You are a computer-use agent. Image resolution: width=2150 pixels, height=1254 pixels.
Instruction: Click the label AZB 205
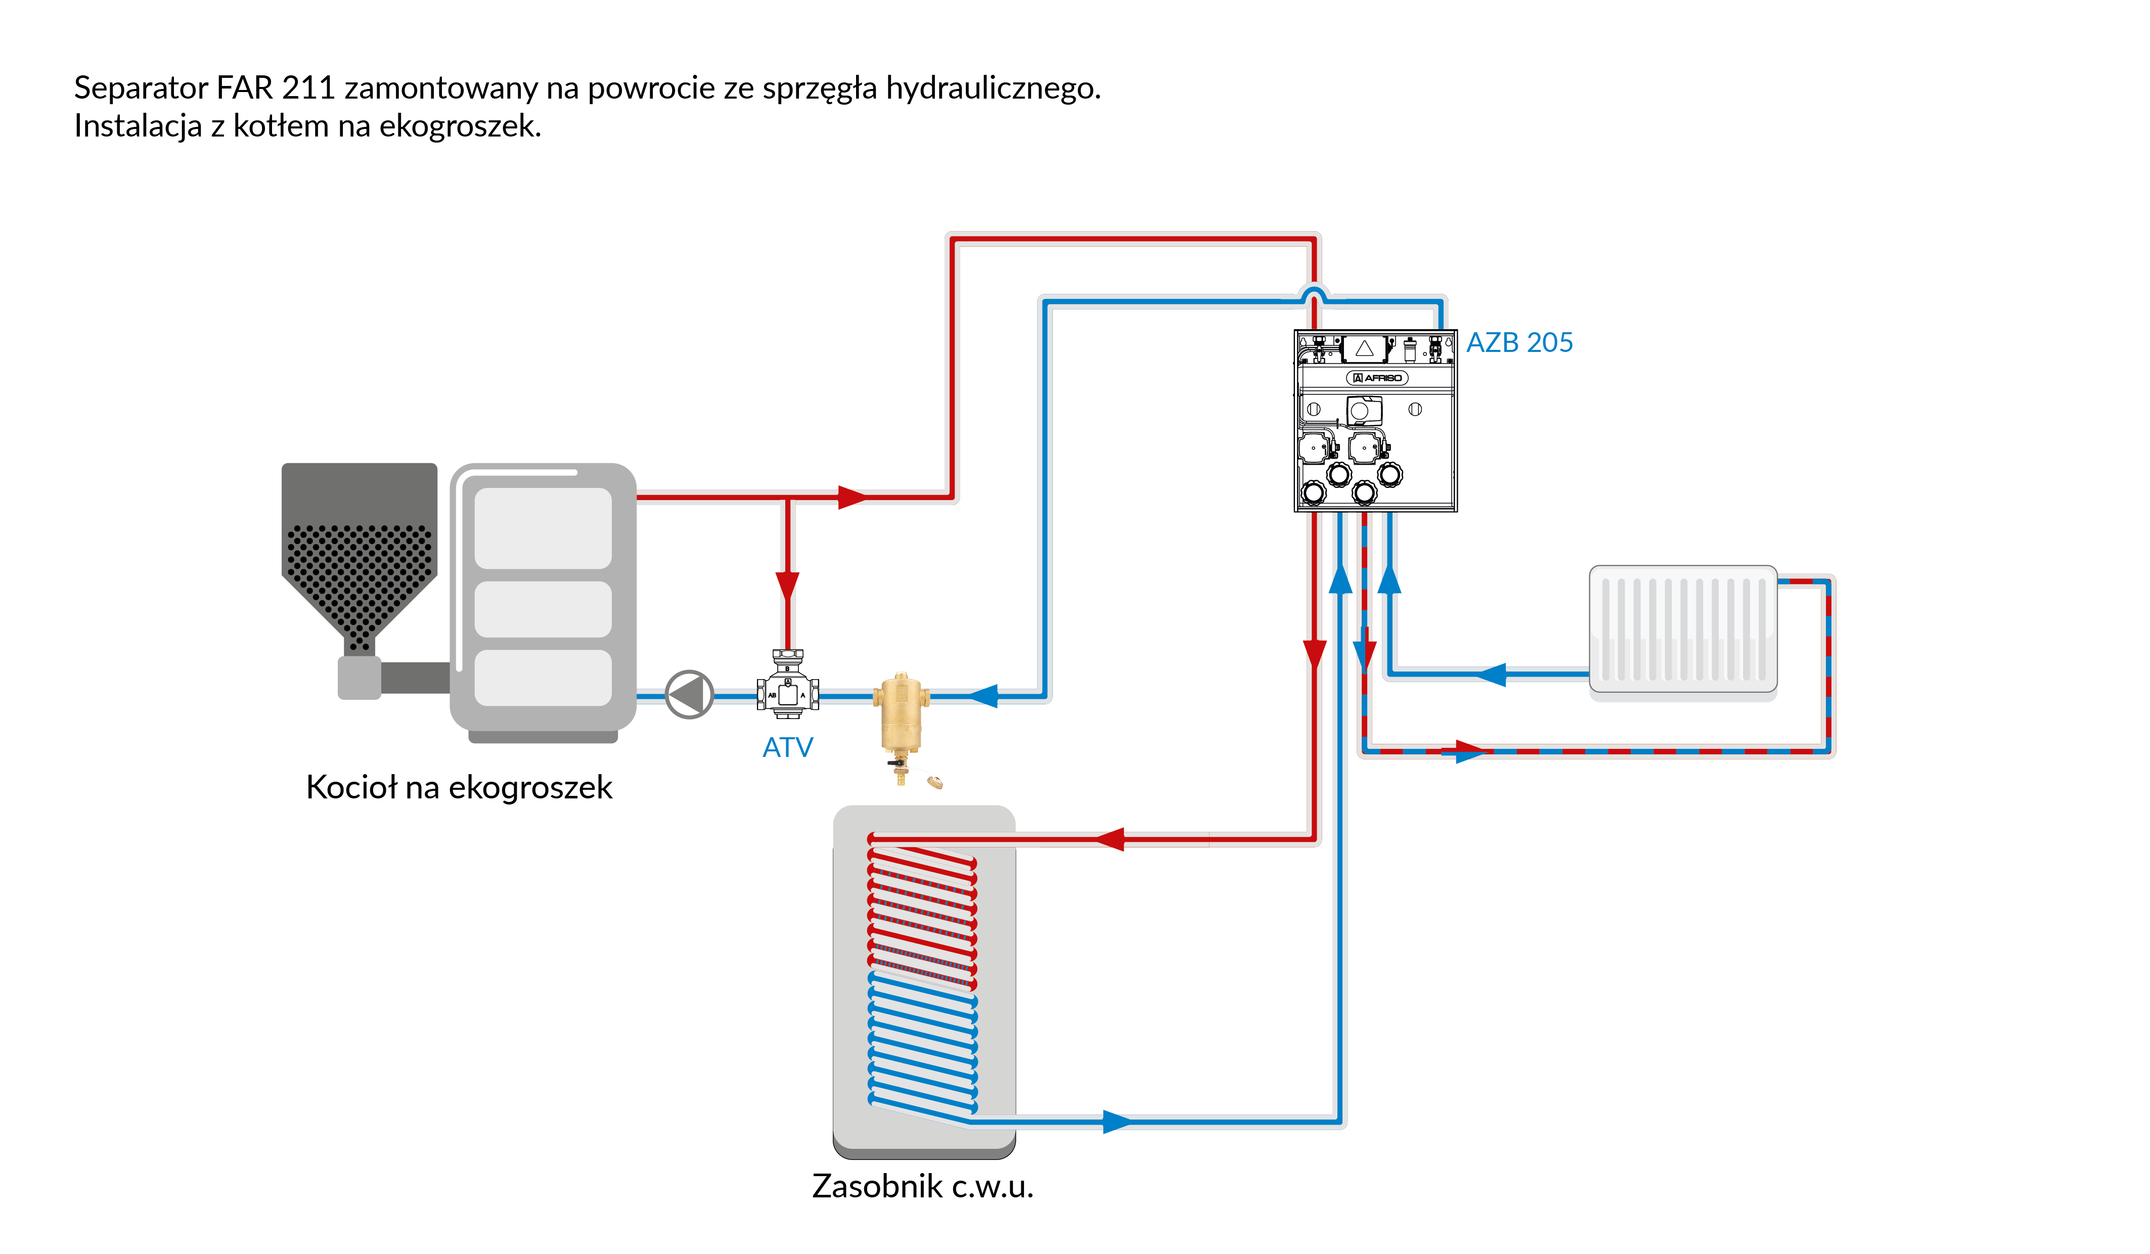pyautogui.click(x=1518, y=342)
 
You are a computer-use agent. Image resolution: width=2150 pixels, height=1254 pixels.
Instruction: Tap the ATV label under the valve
pyautogui.click(x=787, y=747)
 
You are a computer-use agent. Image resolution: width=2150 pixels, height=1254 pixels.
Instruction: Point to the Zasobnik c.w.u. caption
pyautogui.click(x=922, y=1186)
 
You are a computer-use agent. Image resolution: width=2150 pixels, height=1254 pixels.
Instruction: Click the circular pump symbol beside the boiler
pyautogui.click(x=689, y=695)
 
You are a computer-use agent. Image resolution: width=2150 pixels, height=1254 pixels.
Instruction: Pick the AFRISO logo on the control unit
pyautogui.click(x=1376, y=378)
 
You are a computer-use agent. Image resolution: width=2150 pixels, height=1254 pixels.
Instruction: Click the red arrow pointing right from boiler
pyautogui.click(x=852, y=498)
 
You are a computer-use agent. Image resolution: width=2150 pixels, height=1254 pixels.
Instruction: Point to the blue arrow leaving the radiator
pyautogui.click(x=1491, y=675)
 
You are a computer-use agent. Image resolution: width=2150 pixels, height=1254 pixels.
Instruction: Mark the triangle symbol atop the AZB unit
pyautogui.click(x=1364, y=348)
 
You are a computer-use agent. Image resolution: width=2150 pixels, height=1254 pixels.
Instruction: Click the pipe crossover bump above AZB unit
pyautogui.click(x=1314, y=293)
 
